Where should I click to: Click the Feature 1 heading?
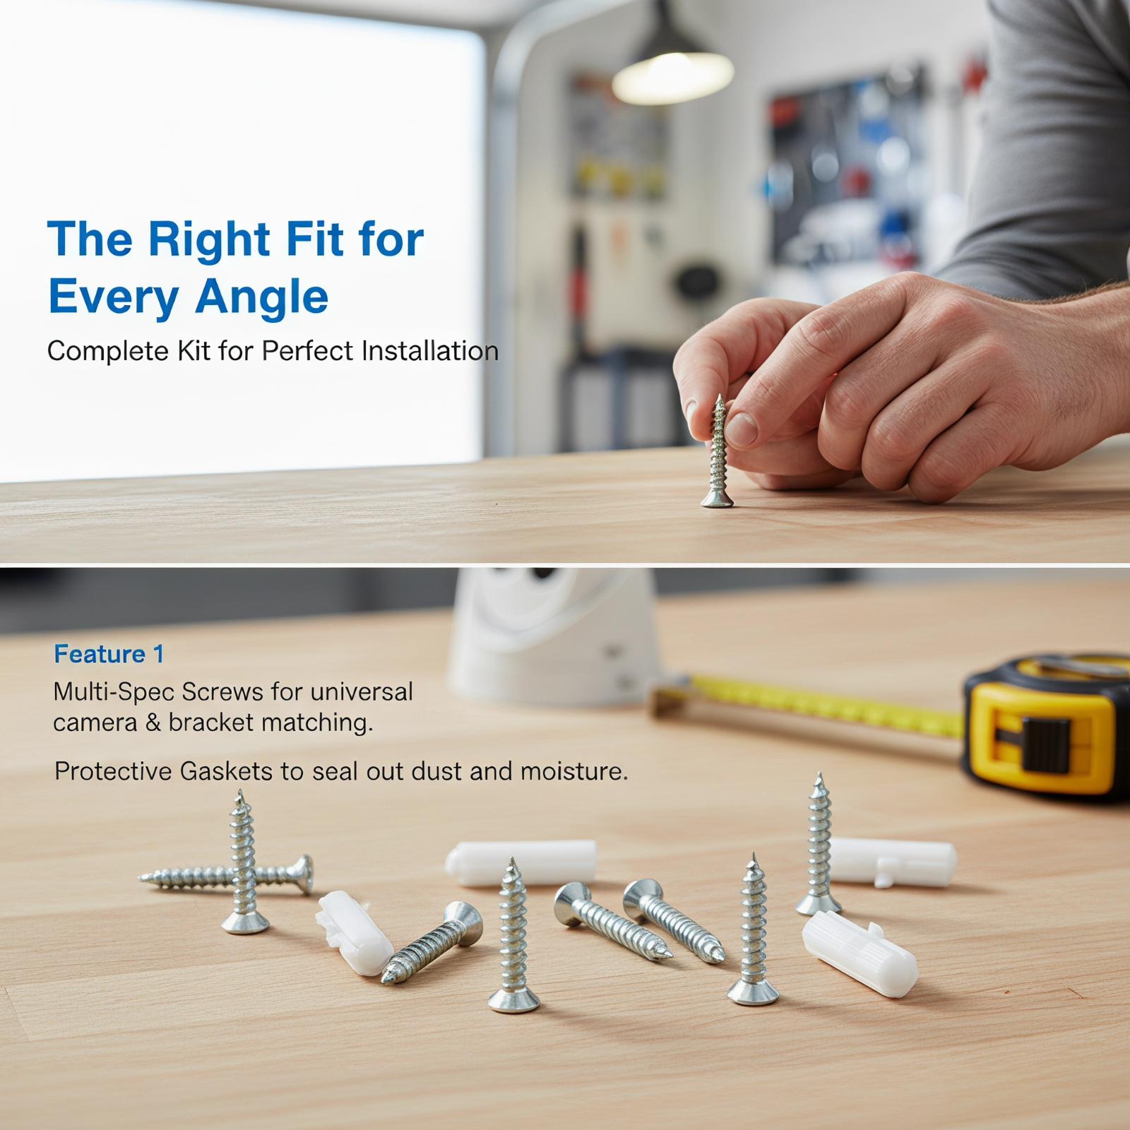click(x=109, y=654)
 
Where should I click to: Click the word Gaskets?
click(x=227, y=771)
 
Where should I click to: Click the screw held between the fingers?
click(x=718, y=451)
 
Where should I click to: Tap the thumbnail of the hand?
click(x=741, y=429)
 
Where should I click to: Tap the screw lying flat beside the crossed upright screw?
click(x=226, y=876)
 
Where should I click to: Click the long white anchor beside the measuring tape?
click(x=893, y=861)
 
